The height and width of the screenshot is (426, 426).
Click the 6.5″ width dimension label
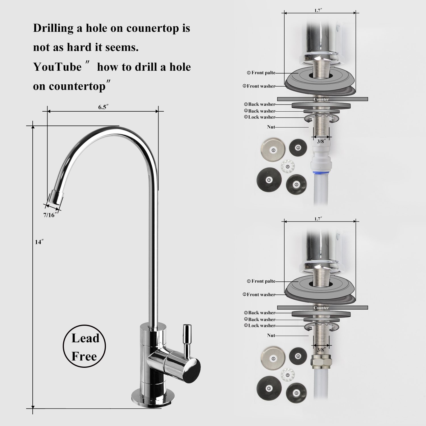point(103,107)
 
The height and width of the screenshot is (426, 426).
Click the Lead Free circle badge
point(84,346)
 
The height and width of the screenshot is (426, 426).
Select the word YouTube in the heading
point(57,67)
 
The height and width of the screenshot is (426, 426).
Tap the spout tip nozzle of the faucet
point(55,198)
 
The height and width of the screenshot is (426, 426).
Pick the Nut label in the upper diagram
point(271,127)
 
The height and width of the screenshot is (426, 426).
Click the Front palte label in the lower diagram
point(261,281)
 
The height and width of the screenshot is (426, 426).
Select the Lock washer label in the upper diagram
point(260,117)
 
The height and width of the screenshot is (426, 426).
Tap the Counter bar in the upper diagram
point(322,99)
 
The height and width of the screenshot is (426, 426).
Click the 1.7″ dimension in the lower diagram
point(318,219)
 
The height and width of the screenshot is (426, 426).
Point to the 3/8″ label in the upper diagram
point(321,141)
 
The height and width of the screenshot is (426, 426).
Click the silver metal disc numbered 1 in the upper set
point(273,150)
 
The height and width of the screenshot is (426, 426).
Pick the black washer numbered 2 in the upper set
point(269,179)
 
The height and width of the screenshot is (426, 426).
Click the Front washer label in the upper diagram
point(259,86)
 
